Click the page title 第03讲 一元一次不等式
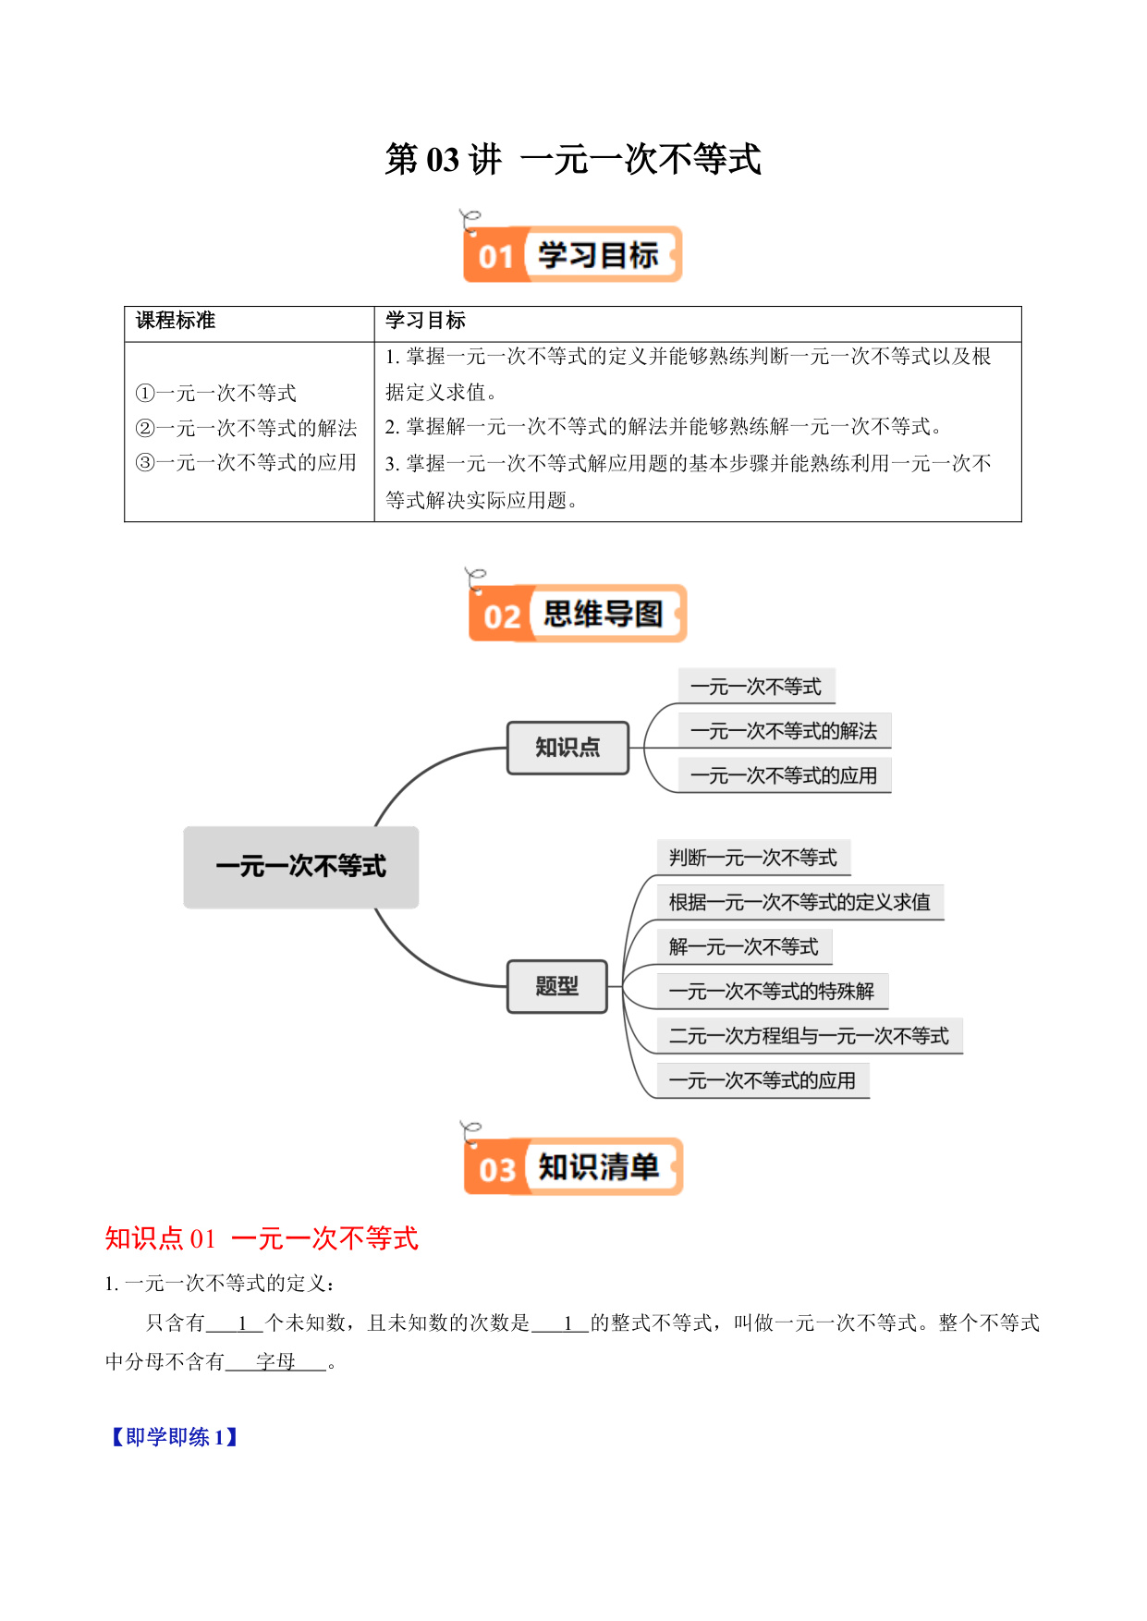573,159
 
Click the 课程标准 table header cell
176,321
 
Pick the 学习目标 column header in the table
425,321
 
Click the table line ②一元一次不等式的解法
246,428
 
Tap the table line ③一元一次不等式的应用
246,462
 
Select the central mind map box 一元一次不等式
301,867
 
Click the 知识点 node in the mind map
567,748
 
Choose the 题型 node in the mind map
557,987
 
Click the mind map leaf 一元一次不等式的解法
784,731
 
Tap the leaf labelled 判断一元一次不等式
753,858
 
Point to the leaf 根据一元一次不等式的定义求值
800,902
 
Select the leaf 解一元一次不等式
744,946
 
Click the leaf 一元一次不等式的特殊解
772,992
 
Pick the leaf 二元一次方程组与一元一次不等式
810,1036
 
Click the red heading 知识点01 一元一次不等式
262,1238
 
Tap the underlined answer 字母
275,1361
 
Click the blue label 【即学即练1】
176,1437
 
